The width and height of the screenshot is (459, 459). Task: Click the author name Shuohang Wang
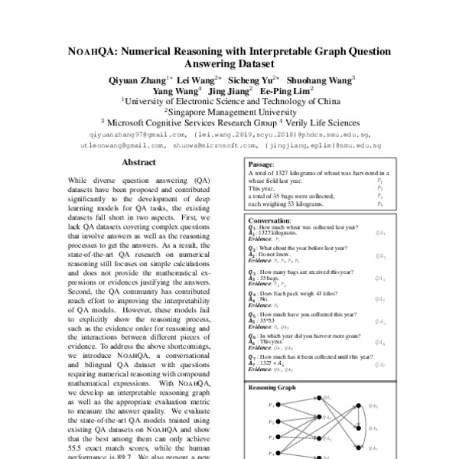click(322, 78)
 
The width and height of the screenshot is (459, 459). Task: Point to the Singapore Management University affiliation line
click(229, 110)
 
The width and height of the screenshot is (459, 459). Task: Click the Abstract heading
click(138, 162)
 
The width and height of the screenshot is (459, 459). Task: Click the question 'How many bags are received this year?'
click(301, 272)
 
